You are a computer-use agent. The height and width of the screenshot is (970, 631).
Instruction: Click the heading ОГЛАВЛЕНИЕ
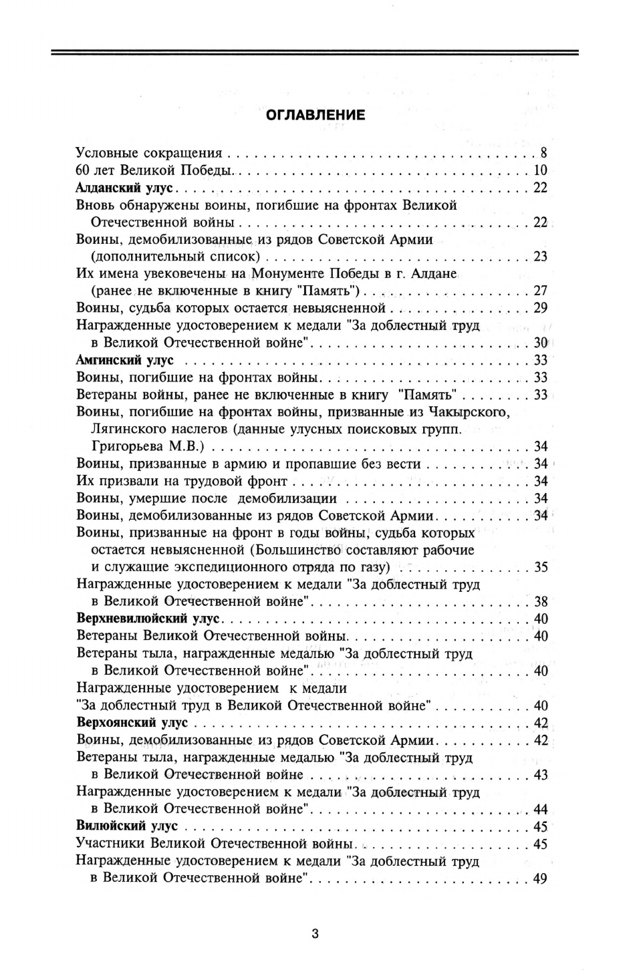pyautogui.click(x=315, y=115)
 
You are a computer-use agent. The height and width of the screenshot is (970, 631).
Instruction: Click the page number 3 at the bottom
pyautogui.click(x=315, y=933)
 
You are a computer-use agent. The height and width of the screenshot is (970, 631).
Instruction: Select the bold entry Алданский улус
pyautogui.click(x=125, y=188)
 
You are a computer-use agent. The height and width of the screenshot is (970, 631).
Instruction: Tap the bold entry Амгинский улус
pyautogui.click(x=125, y=360)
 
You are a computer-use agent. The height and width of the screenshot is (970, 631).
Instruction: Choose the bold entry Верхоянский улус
pyautogui.click(x=132, y=723)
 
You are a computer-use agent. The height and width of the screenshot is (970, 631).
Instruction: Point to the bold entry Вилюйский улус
pyautogui.click(x=127, y=826)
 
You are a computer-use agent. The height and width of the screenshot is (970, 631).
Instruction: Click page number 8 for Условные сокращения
pyautogui.click(x=543, y=153)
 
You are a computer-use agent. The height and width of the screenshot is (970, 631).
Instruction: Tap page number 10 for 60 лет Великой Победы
pyautogui.click(x=540, y=170)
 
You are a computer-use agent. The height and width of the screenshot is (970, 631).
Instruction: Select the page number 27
pyautogui.click(x=540, y=291)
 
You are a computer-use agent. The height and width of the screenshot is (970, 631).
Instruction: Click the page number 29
pyautogui.click(x=540, y=308)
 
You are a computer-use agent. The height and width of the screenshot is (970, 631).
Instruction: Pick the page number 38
pyautogui.click(x=540, y=601)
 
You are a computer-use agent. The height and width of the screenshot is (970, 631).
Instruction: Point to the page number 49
pyautogui.click(x=540, y=878)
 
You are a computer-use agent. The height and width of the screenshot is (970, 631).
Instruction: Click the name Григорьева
pyautogui.click(x=128, y=446)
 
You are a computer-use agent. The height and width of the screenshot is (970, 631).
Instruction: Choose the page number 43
pyautogui.click(x=540, y=775)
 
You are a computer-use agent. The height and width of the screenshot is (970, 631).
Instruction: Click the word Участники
pyautogui.click(x=111, y=844)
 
